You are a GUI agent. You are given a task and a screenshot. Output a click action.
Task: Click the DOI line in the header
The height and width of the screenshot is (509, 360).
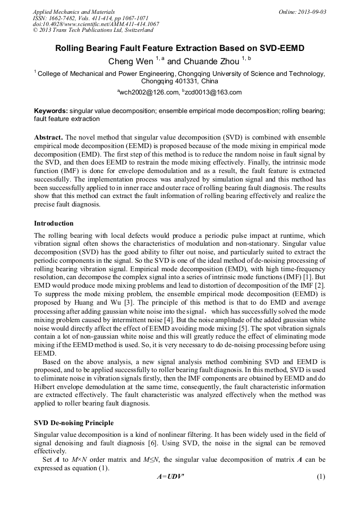(96, 24)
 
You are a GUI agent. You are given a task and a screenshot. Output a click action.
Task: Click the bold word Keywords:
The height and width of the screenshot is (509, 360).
(50, 111)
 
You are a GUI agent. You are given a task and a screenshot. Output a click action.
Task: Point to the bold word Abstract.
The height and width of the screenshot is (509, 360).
(48, 136)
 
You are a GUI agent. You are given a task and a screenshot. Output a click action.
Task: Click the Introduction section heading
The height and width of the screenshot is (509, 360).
(54, 223)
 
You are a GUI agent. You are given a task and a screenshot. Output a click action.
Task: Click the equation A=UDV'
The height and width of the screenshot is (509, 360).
(170, 477)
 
